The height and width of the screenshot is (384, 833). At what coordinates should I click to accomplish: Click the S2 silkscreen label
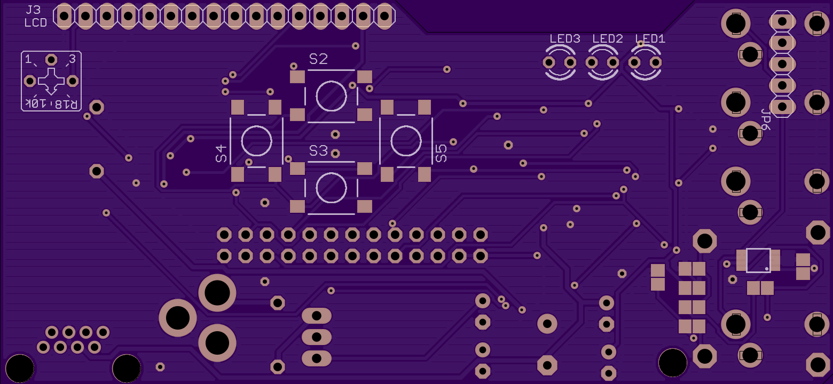coord(318,59)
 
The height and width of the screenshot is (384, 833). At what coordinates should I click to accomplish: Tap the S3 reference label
coord(318,151)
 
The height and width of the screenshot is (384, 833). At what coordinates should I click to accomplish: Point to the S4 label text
coord(221,154)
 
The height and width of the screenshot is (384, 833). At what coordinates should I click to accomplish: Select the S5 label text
coord(441,154)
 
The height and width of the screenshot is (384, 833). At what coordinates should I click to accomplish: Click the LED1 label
coord(650,38)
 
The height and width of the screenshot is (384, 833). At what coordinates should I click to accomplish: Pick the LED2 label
coord(607,38)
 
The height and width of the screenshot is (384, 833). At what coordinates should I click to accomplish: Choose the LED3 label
coord(565,38)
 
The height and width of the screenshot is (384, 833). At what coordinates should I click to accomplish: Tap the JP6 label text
coord(765,119)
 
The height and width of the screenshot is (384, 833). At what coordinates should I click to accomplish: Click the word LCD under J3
coord(36,23)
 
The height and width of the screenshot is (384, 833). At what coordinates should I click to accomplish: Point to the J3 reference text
coord(33,10)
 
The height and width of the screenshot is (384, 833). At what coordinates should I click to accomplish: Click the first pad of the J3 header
coord(64,16)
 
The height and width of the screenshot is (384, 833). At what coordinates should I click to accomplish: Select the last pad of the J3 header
coord(385,16)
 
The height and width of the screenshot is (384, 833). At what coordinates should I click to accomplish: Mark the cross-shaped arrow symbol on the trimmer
coord(51,81)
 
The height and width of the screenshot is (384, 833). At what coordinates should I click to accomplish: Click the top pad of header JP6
coord(782,21)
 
